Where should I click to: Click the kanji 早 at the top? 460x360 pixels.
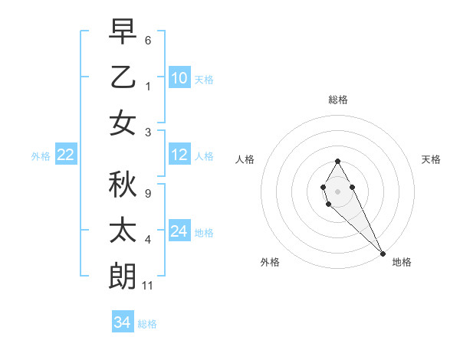point(123,31)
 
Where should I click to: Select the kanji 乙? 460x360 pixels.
point(123,77)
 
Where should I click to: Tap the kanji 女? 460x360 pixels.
point(123,123)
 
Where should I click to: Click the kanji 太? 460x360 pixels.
point(123,229)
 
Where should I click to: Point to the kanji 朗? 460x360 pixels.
point(123,274)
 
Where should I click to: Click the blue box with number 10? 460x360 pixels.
point(179,78)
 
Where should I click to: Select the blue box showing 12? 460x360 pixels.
point(179,155)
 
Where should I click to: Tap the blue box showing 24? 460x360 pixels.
point(179,231)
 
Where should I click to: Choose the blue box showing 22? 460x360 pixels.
point(65,155)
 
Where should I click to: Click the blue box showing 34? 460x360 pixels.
point(122,323)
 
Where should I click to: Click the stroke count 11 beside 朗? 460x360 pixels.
point(148,286)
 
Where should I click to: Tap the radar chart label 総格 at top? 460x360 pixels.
point(337,100)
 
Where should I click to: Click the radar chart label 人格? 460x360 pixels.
point(245,159)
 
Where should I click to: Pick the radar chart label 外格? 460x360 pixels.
point(270,262)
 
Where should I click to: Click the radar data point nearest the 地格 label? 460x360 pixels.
point(383,254)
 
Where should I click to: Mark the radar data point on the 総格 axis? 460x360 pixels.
point(337,161)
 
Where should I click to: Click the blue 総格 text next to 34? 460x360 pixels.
point(147,324)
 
